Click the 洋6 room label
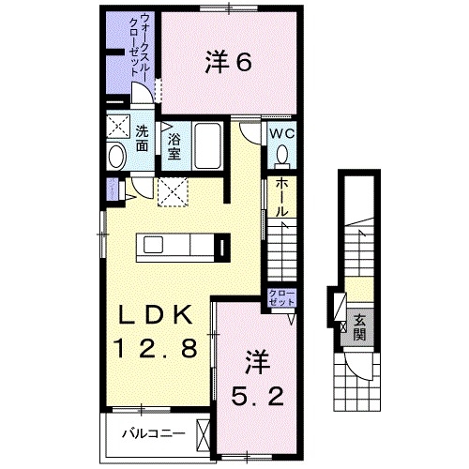coord(227,63)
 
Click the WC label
coord(283,133)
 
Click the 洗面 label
coord(141,138)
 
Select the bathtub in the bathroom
coord(207,145)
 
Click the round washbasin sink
coord(116,158)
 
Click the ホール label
coord(280,198)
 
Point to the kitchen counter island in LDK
coord(178,246)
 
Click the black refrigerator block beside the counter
coord(222,249)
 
